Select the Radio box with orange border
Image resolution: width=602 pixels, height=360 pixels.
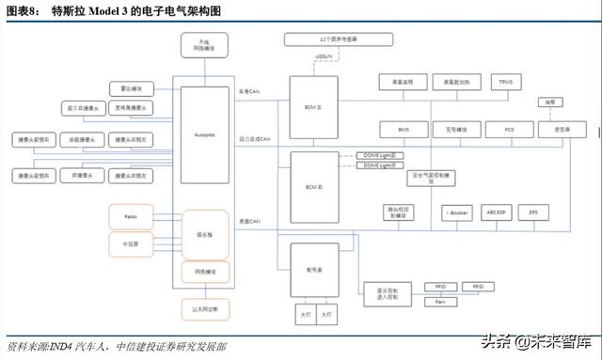[131, 216]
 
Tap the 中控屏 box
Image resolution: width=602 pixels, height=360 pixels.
[131, 244]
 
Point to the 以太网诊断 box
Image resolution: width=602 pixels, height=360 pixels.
[204, 307]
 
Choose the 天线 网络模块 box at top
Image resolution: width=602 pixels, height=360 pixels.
[204, 46]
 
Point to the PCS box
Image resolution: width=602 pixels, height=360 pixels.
[507, 128]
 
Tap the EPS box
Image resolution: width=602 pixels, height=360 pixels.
[532, 213]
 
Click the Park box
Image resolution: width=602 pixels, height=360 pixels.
[439, 302]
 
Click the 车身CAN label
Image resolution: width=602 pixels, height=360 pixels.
[249, 91]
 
